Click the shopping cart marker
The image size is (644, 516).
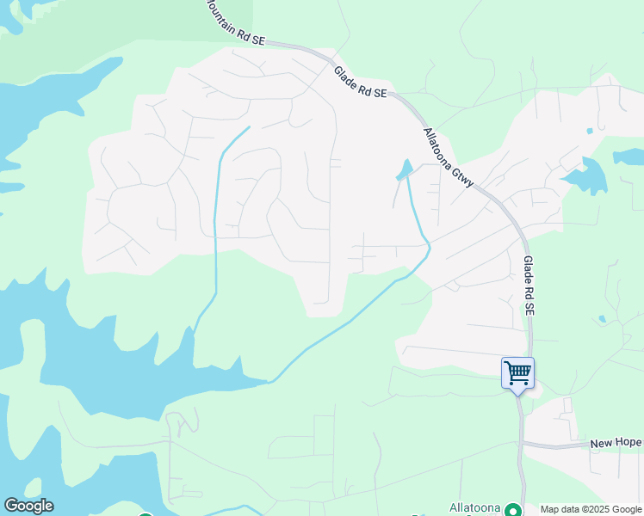[x=517, y=373]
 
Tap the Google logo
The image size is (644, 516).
[x=28, y=506]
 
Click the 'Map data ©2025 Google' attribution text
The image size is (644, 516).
[x=591, y=509]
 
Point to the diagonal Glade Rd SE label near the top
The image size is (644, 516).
[x=360, y=83]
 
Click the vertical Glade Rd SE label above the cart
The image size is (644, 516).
[x=529, y=285]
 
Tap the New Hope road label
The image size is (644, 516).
[x=616, y=443]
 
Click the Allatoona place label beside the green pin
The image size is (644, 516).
[x=475, y=507]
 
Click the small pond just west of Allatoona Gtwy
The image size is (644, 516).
[x=404, y=170]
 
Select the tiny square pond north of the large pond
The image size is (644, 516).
[x=589, y=131]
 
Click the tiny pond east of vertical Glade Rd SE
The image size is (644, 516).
[x=602, y=319]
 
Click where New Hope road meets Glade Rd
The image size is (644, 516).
[x=521, y=444]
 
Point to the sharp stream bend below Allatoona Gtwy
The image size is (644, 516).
[x=428, y=249]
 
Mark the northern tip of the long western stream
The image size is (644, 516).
[x=249, y=127]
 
